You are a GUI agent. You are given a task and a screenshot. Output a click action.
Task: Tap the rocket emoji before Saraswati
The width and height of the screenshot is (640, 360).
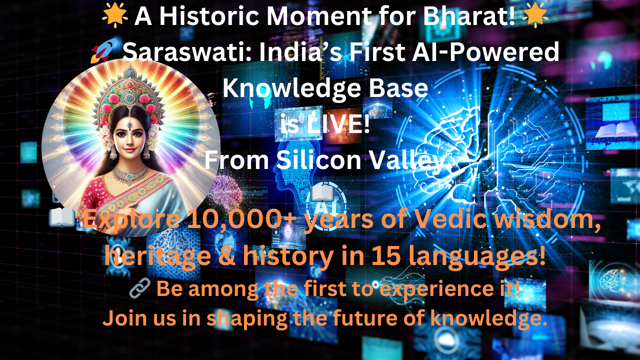click(104, 51)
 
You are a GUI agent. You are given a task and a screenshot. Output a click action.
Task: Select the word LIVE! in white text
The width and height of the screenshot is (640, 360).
click(338, 124)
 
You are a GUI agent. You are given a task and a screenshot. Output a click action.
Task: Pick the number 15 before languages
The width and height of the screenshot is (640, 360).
click(384, 255)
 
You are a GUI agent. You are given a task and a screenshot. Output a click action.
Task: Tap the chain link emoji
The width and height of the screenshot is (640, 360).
click(139, 288)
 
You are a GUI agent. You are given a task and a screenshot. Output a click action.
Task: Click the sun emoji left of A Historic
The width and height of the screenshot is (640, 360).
click(115, 16)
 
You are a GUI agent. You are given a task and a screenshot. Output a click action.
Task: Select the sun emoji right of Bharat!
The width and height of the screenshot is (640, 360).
click(535, 15)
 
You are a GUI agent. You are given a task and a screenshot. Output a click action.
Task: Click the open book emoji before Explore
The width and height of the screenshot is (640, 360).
click(62, 217)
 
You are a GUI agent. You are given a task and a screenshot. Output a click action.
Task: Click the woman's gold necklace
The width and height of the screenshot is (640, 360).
click(130, 173)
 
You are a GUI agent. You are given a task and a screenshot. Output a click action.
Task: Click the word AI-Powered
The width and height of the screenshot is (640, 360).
click(485, 51)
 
